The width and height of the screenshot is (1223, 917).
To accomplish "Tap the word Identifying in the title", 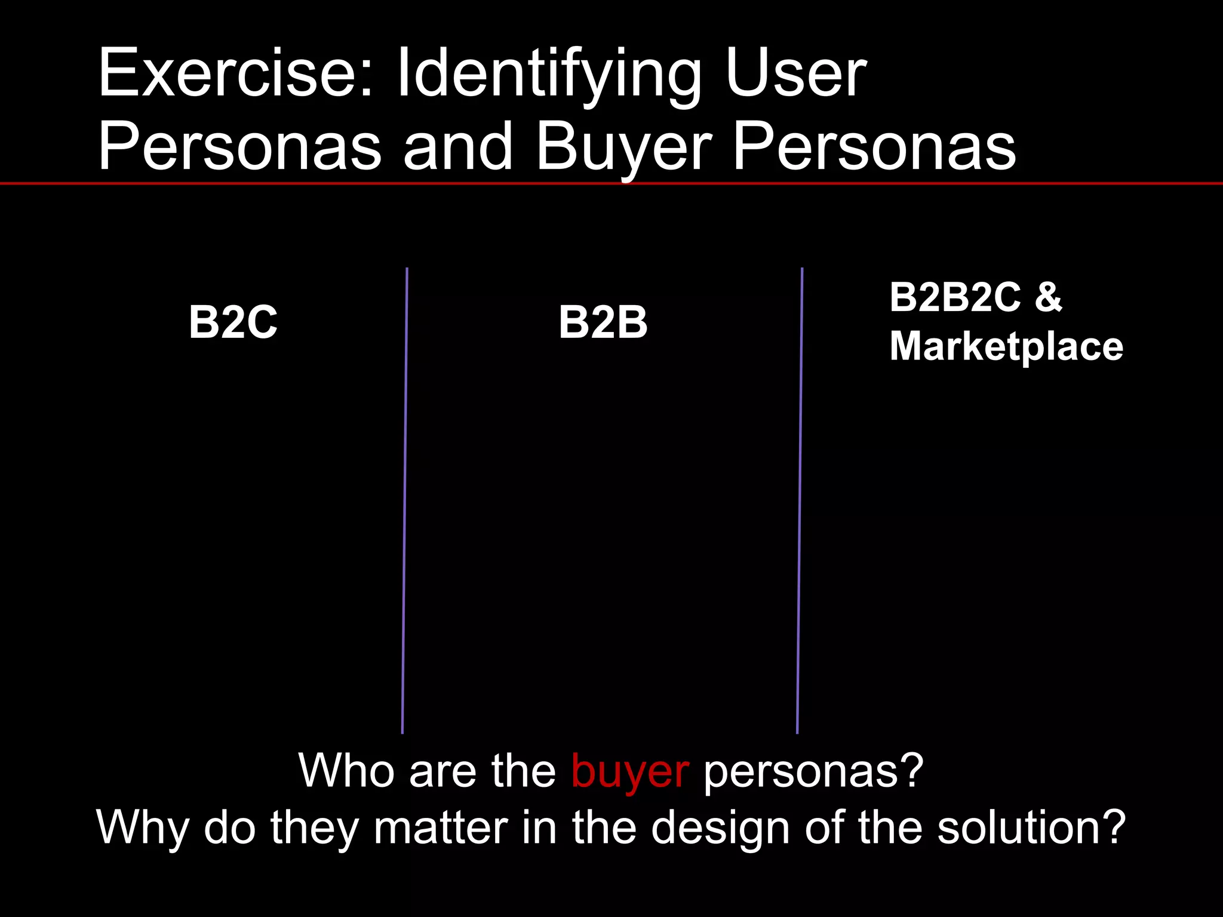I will click(x=549, y=75).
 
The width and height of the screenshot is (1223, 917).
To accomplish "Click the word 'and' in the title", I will click(x=458, y=146).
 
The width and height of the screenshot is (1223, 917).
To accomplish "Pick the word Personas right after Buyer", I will click(x=874, y=146).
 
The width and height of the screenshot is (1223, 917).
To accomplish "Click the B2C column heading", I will click(x=233, y=322).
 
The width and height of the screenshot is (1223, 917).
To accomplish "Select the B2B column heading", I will click(x=603, y=322).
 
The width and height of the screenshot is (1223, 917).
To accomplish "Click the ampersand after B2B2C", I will click(x=1049, y=297).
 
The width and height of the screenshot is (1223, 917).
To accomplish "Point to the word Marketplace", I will click(x=1006, y=346).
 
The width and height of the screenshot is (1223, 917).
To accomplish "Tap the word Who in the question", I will click(x=347, y=770).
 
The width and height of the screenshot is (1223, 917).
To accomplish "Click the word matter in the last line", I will click(x=441, y=827).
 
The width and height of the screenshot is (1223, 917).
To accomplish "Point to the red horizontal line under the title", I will click(x=611, y=183).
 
